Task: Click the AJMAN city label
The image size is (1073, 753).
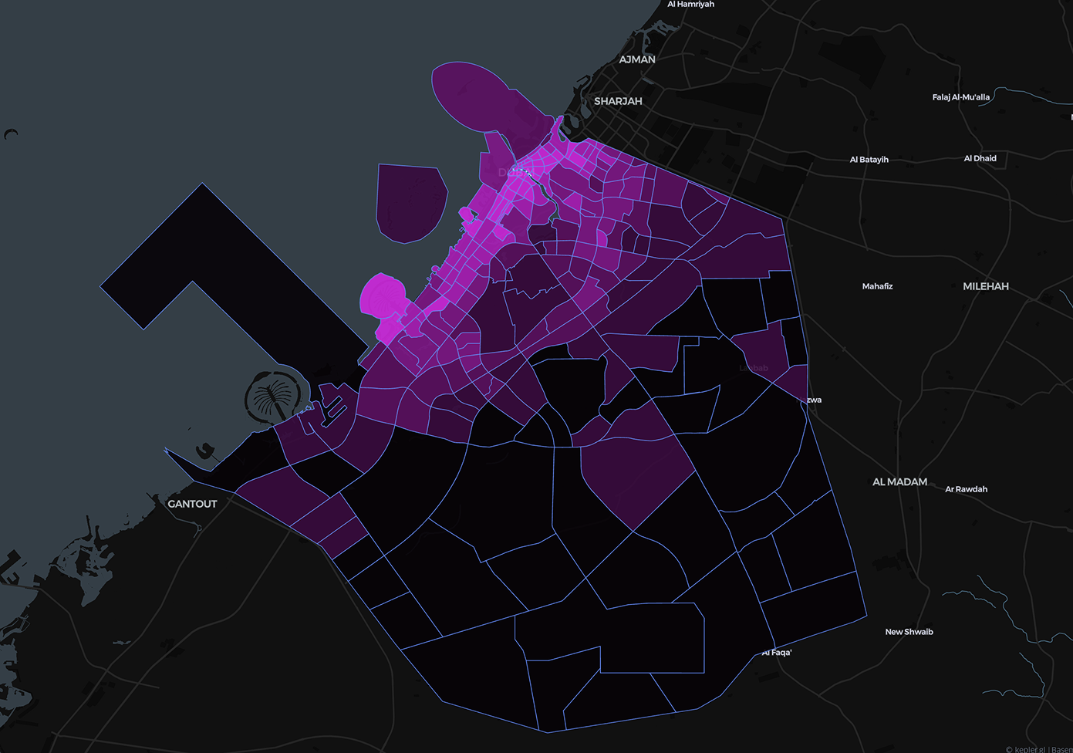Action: [637, 59]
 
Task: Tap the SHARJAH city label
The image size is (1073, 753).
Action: [618, 101]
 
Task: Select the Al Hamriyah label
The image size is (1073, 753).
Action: [690, 5]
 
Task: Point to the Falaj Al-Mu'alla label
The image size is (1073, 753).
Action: [960, 97]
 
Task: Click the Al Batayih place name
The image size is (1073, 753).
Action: [869, 160]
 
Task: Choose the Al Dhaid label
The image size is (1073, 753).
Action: [980, 158]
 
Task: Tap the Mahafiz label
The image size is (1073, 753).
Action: [877, 286]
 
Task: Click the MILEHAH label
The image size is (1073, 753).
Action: [985, 286]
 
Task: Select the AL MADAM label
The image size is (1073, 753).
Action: [899, 481]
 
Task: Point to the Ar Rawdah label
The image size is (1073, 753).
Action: [966, 489]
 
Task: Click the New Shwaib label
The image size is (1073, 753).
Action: [909, 632]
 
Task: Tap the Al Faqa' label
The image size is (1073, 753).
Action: [777, 653]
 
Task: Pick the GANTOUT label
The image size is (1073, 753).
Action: [192, 504]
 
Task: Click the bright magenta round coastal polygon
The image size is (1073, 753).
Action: [382, 297]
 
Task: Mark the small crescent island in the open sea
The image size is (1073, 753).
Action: [10, 134]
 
